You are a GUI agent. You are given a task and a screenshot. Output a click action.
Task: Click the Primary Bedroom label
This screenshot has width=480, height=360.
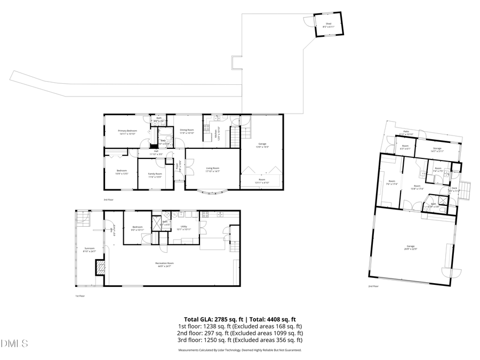click(127, 132)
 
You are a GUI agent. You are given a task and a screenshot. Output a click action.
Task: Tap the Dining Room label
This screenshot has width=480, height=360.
click(187, 131)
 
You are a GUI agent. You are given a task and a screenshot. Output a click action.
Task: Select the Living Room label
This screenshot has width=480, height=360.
click(213, 169)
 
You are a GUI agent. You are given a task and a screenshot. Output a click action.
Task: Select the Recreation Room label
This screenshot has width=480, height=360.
click(165, 264)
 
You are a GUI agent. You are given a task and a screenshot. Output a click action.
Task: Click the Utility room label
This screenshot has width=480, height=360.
click(183, 228)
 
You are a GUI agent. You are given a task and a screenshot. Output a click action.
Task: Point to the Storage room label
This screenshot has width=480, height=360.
click(437, 150)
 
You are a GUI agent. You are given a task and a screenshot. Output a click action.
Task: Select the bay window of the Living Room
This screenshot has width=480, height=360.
click(213, 191)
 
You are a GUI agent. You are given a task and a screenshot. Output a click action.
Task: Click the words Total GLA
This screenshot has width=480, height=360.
click(199, 319)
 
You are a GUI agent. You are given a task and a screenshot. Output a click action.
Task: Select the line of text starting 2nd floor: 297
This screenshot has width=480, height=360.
click(239, 333)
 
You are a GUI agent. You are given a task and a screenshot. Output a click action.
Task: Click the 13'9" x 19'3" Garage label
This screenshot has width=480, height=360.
click(262, 145)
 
